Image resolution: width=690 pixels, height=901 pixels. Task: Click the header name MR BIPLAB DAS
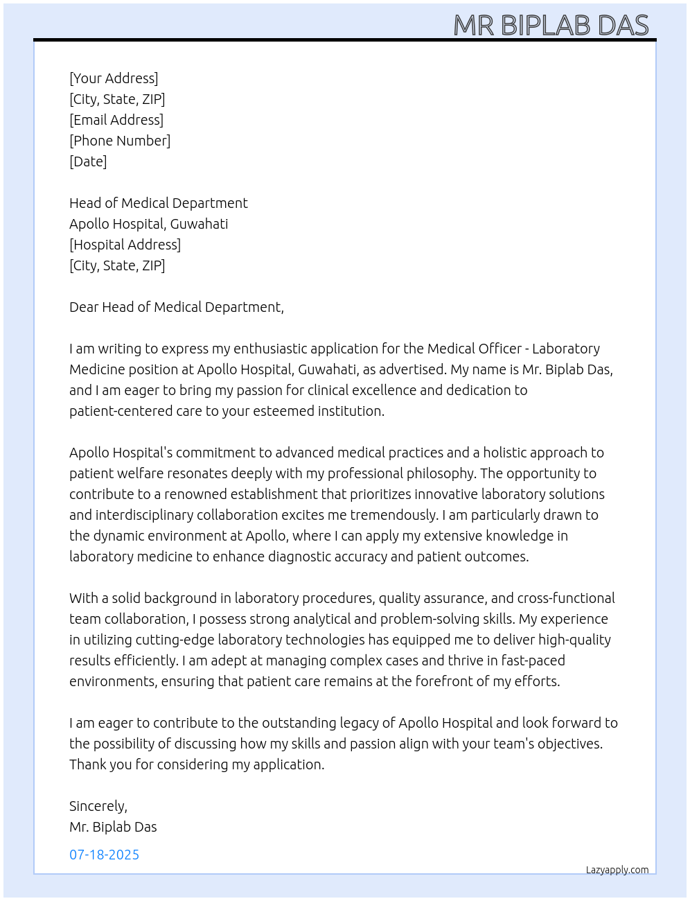(551, 26)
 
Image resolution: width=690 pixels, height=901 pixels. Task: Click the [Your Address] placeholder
(114, 78)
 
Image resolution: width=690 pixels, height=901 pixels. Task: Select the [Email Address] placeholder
(116, 120)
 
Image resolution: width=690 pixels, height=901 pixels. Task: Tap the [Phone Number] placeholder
(120, 141)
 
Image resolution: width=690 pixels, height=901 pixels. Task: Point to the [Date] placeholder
(88, 161)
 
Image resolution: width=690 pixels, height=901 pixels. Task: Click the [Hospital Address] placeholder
(125, 245)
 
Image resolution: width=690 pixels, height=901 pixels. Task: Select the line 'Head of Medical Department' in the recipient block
(158, 203)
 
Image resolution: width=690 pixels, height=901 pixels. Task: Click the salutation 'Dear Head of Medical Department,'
(176, 307)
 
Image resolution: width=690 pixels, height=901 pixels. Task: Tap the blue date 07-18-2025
(104, 855)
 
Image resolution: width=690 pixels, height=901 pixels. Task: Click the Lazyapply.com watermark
(617, 870)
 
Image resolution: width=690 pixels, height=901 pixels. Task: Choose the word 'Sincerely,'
(98, 806)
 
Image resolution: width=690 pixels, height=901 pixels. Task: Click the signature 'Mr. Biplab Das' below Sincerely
(113, 827)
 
